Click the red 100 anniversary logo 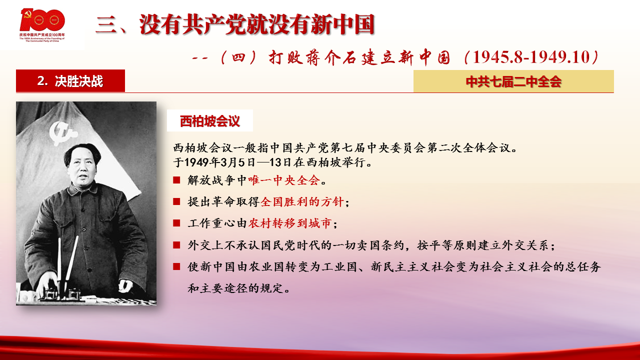coord(42,25)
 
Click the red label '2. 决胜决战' coord(70,81)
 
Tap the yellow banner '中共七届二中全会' coord(513,81)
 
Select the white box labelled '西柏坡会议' coord(209,120)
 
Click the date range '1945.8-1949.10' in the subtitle coord(531,57)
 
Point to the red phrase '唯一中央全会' coord(284,180)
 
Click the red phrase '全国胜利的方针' coord(302,201)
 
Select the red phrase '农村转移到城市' coord(290,223)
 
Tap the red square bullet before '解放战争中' coord(176,180)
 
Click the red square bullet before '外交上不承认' coord(176,245)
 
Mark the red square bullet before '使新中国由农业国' coord(176,266)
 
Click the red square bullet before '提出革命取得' coord(176,201)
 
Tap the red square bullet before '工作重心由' coord(176,223)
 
